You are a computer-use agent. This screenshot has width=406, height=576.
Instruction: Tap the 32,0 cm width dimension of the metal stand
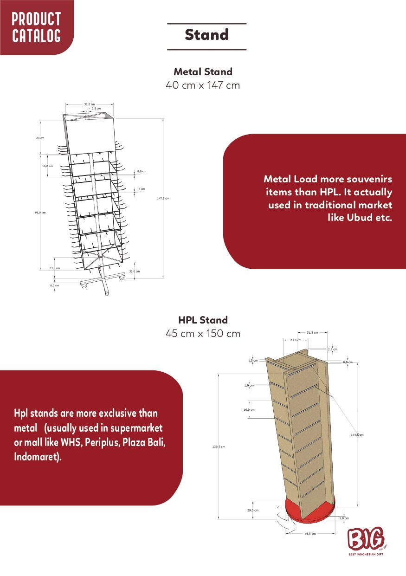point(89,104)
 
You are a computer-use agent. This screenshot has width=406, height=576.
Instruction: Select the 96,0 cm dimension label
point(40,212)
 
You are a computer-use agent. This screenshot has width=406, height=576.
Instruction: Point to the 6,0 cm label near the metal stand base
point(55,285)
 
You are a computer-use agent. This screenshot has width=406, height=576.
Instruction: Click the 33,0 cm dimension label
point(134,271)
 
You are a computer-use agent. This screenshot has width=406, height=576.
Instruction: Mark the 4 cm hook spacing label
point(142,189)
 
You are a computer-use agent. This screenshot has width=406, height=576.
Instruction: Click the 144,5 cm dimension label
point(358,435)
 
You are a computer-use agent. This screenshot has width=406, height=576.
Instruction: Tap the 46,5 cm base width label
point(310,534)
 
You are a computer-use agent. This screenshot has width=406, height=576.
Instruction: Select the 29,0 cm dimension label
point(253,510)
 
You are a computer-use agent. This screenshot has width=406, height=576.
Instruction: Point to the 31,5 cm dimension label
point(312,332)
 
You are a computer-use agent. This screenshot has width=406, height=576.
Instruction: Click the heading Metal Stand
point(203,72)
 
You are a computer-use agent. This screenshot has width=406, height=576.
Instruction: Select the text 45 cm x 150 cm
point(203,334)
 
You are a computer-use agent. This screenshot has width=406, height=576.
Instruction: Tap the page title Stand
point(206,35)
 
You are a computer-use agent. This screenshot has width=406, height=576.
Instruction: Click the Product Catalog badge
point(36,27)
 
